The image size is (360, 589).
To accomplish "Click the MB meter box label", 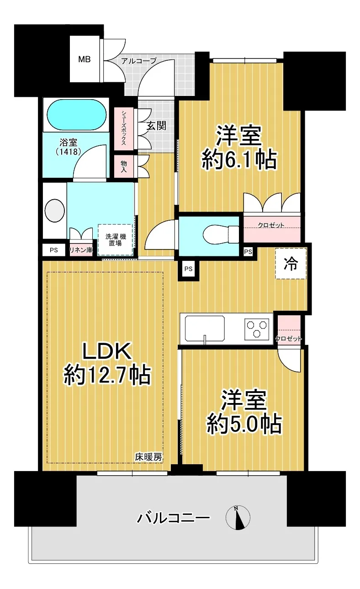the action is point(85,59).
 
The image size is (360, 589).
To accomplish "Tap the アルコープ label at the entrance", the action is point(139,61).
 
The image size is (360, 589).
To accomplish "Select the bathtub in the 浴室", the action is point(77,115).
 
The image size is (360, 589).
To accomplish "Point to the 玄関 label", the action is point(156,126).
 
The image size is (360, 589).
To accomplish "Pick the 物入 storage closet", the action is point(124,166).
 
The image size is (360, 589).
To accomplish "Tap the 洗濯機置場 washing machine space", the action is point(116,240).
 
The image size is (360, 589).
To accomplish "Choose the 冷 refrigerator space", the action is point(291,263).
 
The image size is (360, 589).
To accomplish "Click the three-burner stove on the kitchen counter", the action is point(257,328).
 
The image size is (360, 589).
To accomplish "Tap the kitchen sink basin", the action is point(205,329).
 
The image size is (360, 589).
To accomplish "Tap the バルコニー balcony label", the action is point(174,518).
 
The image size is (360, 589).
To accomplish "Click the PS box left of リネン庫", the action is point(54,250).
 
